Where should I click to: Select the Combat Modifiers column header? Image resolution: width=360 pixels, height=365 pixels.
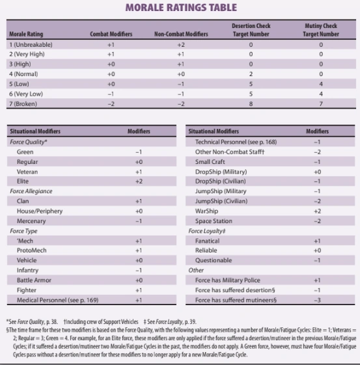111,34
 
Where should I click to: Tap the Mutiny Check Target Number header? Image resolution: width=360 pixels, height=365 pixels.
321,30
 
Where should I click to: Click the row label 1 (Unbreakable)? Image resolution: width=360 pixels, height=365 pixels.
31,44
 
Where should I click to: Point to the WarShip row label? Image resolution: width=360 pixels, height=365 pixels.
206,211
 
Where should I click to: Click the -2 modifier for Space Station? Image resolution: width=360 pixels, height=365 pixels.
317,221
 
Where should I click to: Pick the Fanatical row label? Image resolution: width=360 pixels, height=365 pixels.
208,241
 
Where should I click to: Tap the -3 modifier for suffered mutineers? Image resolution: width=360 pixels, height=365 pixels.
317,299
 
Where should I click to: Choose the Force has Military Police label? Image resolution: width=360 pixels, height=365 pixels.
223,280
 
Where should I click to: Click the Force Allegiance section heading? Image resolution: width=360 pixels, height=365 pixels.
31,191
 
